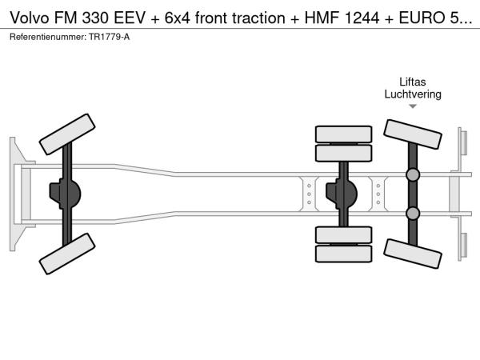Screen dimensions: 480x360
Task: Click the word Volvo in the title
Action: [30, 18]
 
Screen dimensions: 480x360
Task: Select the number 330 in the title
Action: [95, 18]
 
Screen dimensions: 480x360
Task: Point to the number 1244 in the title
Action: [362, 18]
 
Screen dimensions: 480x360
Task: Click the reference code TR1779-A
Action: [110, 37]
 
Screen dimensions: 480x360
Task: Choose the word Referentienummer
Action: [48, 37]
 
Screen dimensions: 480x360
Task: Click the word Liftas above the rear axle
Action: [412, 82]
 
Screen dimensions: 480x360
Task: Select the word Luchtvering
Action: [413, 94]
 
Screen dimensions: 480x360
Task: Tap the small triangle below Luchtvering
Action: [413, 106]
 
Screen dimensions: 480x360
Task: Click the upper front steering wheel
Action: [67, 134]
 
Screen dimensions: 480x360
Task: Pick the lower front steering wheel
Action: [67, 254]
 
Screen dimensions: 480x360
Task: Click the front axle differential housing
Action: [65, 194]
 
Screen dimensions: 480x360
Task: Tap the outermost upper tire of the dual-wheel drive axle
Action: [343, 134]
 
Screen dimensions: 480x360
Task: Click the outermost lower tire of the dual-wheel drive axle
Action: [343, 254]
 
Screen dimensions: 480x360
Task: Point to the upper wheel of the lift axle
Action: [413, 134]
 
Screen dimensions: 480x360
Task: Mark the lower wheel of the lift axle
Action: [413, 254]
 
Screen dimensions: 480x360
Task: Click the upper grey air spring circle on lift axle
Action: [413, 174]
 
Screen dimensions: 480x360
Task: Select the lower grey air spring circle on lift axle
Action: [413, 214]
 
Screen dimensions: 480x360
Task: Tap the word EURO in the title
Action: [422, 18]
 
